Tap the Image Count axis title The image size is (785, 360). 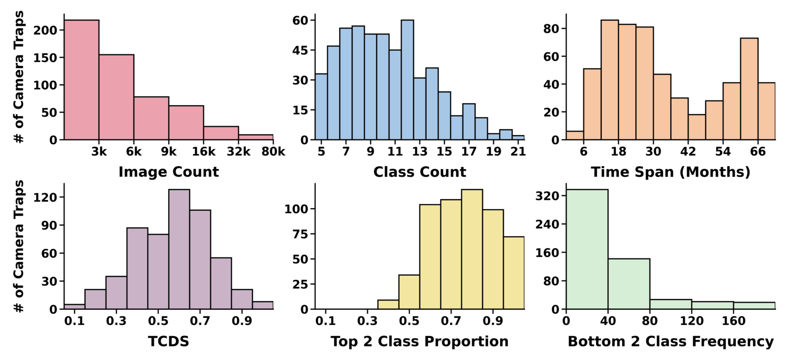pos(169,172)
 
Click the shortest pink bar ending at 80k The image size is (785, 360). pos(255,137)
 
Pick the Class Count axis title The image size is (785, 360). pos(419,172)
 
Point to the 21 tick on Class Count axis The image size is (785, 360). pos(518,152)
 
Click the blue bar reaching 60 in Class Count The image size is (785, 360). pos(407,80)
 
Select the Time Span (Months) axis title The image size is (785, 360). pos(670,172)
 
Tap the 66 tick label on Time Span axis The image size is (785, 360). pos(758,152)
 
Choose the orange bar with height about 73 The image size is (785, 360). pos(749,89)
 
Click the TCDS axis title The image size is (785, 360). pos(169,341)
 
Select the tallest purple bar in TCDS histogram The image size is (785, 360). pos(179,249)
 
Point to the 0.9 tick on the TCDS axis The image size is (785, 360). pos(242,321)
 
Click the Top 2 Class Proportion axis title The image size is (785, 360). pos(419,341)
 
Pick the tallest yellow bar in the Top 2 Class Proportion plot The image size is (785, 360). pos(472,249)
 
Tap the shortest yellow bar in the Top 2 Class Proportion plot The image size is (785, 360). pos(388,305)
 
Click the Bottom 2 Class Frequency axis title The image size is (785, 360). pos(670,341)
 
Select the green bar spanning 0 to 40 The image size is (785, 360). pos(587,249)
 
